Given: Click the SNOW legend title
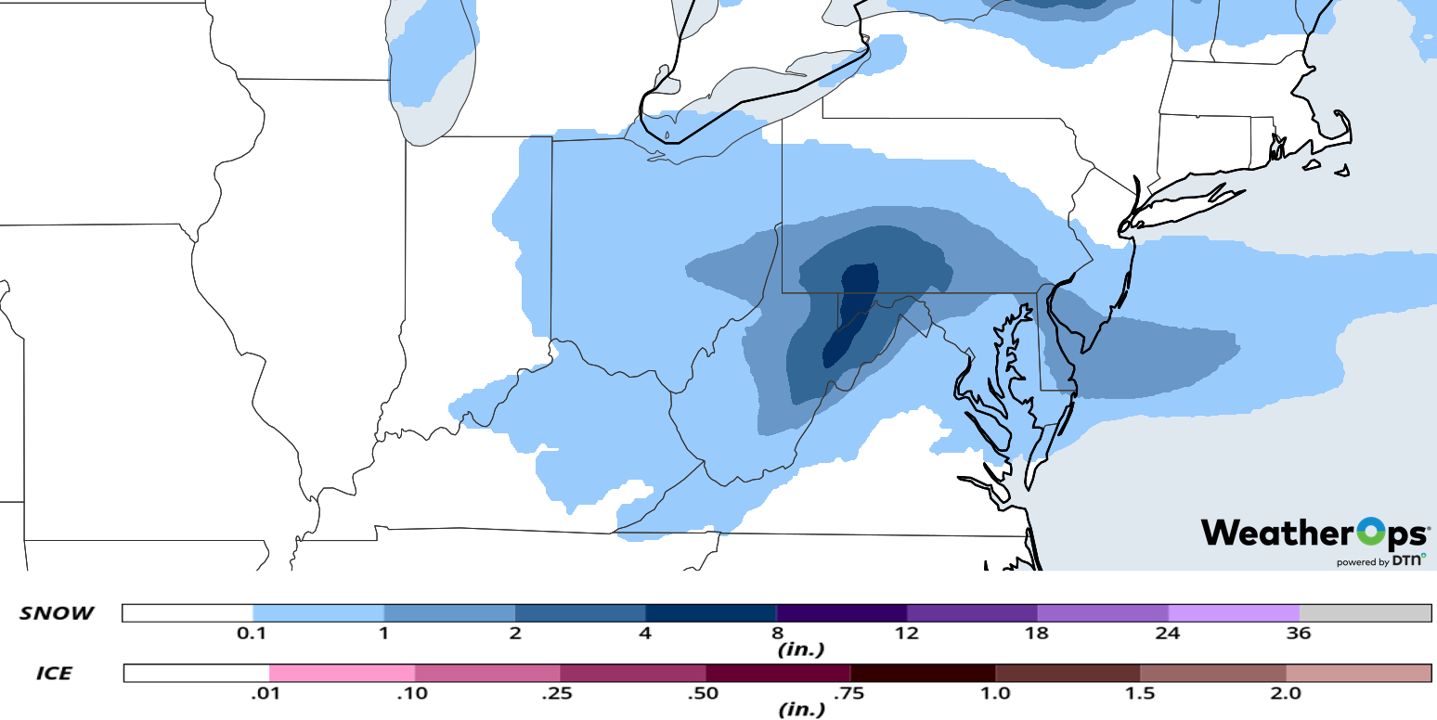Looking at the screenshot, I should pos(57,613).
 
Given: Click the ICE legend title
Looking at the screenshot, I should pos(54,673).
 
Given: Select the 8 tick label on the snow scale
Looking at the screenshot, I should pos(776,634).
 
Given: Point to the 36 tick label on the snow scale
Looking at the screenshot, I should pos(1299,634).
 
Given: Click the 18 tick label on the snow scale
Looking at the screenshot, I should pos(1037,634).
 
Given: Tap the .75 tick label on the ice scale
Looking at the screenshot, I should pos(849,693).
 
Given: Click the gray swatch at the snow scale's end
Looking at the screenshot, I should pos(1365,612).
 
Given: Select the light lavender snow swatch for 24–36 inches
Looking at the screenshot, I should pos(1233,612).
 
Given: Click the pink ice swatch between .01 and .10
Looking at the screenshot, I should pos(342,673).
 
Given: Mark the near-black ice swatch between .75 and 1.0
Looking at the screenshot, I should pos(923,673).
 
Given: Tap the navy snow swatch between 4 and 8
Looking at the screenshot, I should pos(710,612).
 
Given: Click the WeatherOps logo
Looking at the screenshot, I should pos(1314,534).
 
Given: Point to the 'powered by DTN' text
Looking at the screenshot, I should pos(1380,561).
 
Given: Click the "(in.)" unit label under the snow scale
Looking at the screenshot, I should pos(800,649).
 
